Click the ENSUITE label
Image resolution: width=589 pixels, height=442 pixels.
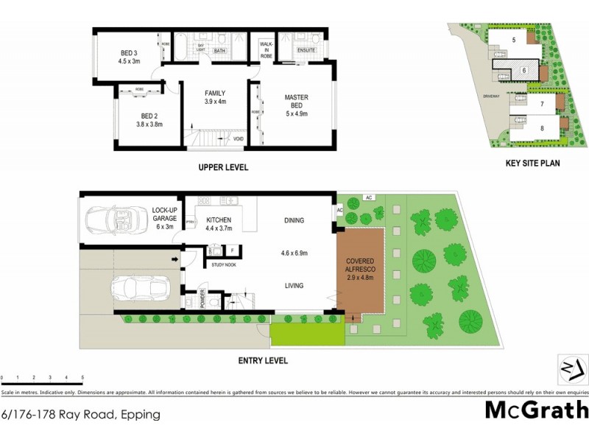306,50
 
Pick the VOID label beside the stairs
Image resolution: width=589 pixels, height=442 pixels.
238,138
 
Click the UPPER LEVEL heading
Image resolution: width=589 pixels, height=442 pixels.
223,167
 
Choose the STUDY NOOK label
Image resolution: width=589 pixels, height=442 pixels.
222,264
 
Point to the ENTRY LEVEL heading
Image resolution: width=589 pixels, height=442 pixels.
263,361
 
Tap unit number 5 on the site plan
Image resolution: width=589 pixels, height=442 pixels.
514,40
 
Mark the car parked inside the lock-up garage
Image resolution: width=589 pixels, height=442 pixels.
116,220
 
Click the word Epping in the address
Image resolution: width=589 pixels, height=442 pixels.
141,414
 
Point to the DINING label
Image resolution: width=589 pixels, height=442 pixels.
294,220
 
